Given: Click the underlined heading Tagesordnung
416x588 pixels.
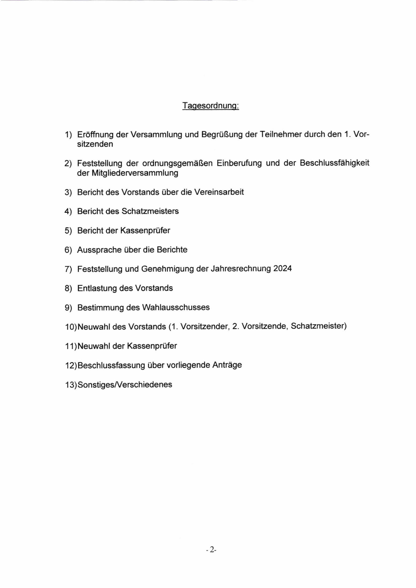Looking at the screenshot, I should tap(211, 105).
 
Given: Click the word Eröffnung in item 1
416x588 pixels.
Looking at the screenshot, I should tap(95, 134).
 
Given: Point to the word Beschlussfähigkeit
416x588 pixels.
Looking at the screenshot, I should tap(334, 163).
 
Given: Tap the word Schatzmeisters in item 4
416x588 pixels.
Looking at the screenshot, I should tap(150, 211).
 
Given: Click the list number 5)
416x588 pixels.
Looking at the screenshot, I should tap(68, 231).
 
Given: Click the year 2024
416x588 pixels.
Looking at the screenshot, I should tap(282, 269).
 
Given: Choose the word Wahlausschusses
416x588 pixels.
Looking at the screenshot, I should tap(176, 307).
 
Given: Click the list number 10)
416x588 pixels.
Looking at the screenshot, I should tap(71, 327).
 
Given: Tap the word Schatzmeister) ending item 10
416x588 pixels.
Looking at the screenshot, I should tap(319, 326).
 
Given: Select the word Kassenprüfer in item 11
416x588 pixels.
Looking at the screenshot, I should tap(152, 346).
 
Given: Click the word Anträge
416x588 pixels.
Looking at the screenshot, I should tap(227, 365).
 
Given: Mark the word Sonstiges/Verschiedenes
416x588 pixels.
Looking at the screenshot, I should tap(125, 384).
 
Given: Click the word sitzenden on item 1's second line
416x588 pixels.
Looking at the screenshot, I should tap(95, 144).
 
